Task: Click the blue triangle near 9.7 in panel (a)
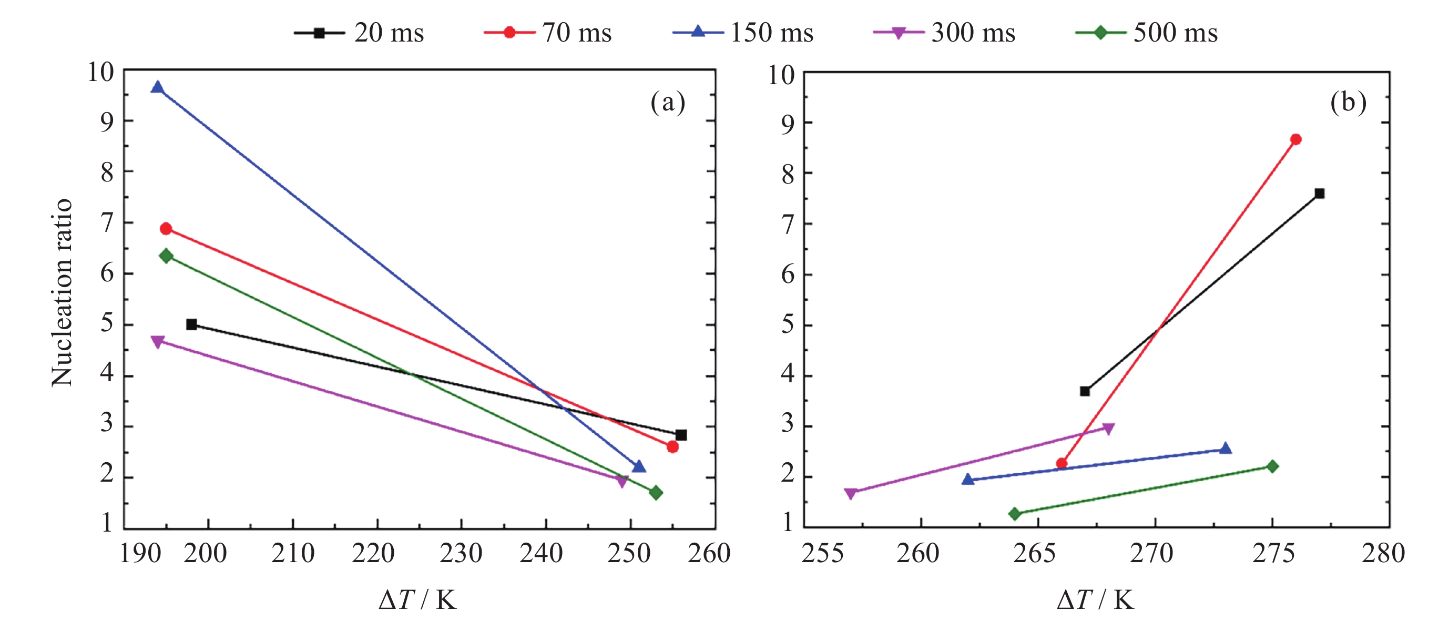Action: point(158,88)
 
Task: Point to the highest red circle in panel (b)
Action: point(1296,139)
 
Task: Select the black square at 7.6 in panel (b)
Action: point(1320,194)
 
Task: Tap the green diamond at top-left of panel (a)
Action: point(166,256)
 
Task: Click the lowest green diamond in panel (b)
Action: point(1015,514)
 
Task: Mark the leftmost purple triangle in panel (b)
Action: point(851,493)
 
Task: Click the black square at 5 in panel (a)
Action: point(191,324)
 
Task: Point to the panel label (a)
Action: point(668,103)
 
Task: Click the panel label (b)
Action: point(1348,103)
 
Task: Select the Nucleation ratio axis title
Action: point(62,292)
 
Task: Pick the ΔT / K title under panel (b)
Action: point(1095,600)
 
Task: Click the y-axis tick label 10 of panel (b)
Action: point(781,75)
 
